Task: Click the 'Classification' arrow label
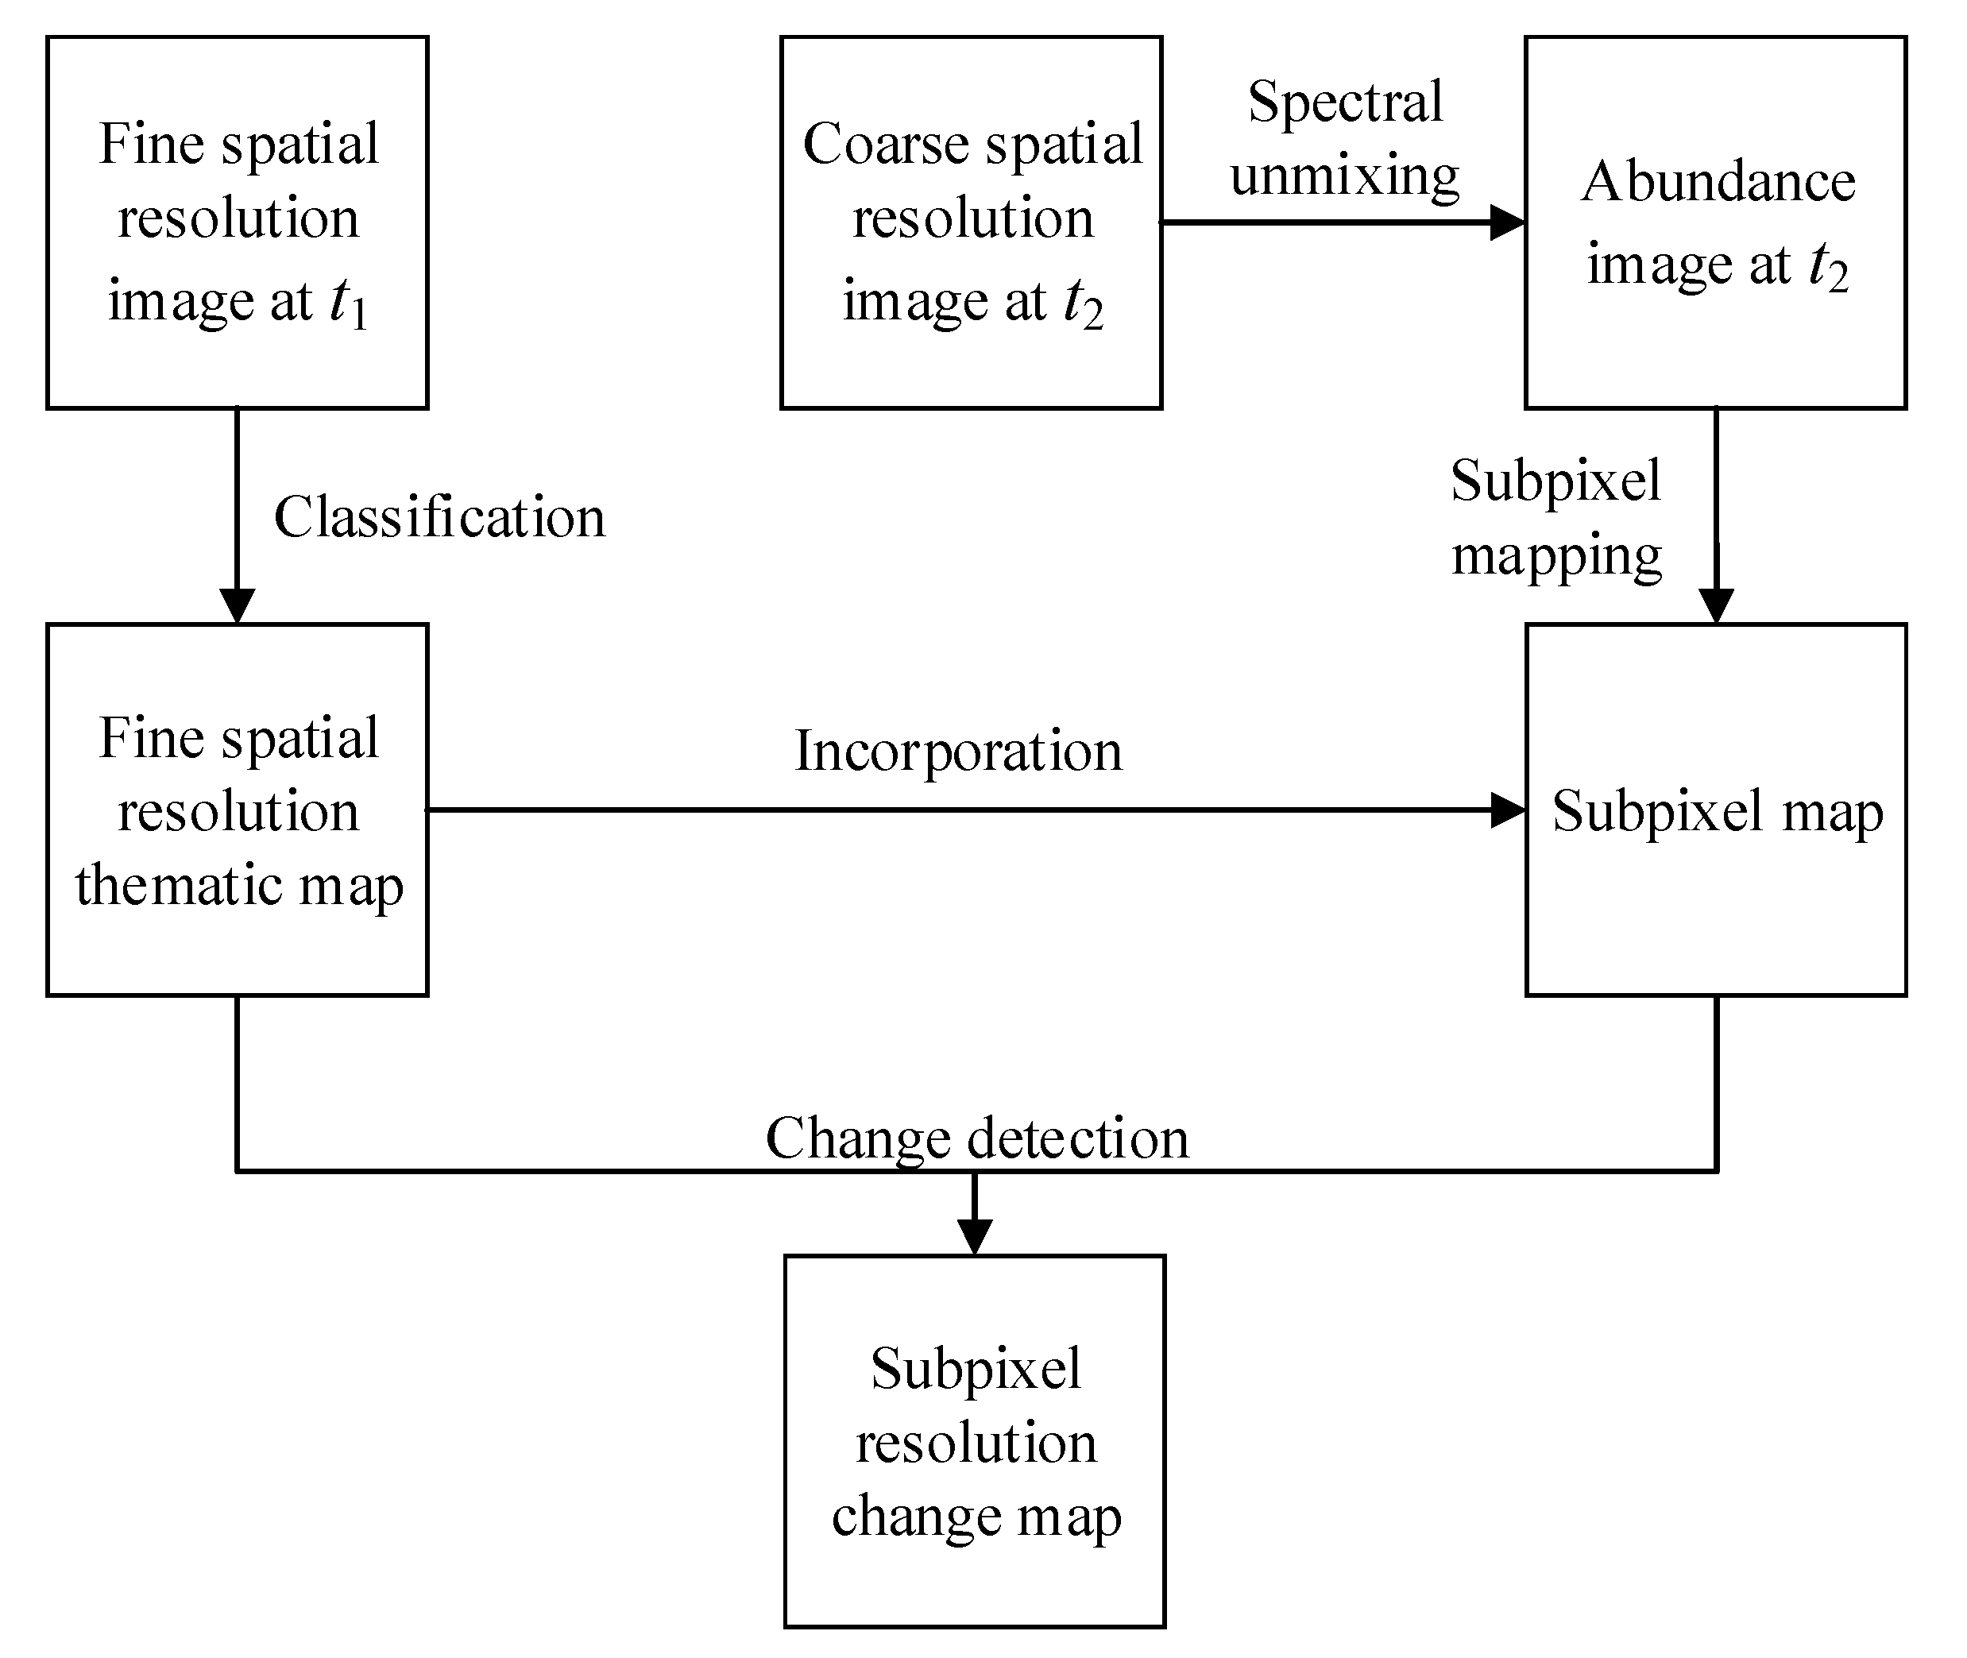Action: tap(439, 518)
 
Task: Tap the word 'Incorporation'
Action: tap(957, 752)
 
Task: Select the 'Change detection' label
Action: tap(976, 1139)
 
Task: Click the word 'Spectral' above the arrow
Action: tap(1345, 102)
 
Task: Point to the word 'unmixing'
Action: tap(1345, 176)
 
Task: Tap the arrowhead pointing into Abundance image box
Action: tap(1506, 222)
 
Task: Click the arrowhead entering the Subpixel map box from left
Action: tap(1508, 810)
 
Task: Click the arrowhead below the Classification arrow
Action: tap(237, 605)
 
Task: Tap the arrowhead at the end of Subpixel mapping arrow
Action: tap(1716, 605)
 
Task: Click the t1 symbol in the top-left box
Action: tap(347, 303)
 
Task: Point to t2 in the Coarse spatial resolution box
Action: tap(1082, 303)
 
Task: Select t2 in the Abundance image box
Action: tap(1828, 266)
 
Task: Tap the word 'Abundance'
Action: tap(1718, 181)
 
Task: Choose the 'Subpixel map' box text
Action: tap(1717, 811)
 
